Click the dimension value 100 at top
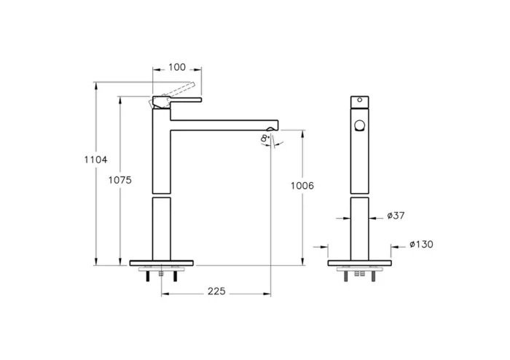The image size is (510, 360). coord(176,68)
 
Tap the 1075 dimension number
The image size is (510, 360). coord(120,180)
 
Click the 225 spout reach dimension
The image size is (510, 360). coord(216,291)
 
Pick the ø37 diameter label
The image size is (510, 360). coord(396,216)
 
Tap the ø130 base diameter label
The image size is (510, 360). coord(420,244)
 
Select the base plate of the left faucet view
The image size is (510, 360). coord(162,262)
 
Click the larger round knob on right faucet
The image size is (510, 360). coord(358,125)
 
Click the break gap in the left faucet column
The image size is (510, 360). coord(162,195)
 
